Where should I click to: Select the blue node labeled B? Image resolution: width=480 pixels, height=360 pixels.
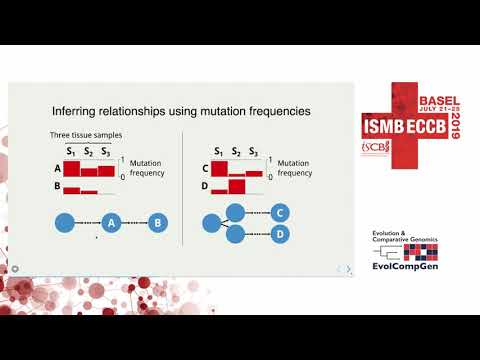(x=157, y=225)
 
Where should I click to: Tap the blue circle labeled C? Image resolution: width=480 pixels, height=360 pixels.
(x=279, y=213)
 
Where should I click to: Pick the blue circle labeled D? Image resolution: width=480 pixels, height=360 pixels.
(x=279, y=235)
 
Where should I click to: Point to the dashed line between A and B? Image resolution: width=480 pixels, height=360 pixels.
(x=135, y=225)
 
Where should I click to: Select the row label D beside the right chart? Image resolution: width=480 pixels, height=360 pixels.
(x=206, y=186)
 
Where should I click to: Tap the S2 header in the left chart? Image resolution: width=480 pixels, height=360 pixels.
(x=89, y=152)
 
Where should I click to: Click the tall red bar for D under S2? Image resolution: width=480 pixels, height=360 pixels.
(x=237, y=186)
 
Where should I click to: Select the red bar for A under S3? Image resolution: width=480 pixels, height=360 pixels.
(x=106, y=169)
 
